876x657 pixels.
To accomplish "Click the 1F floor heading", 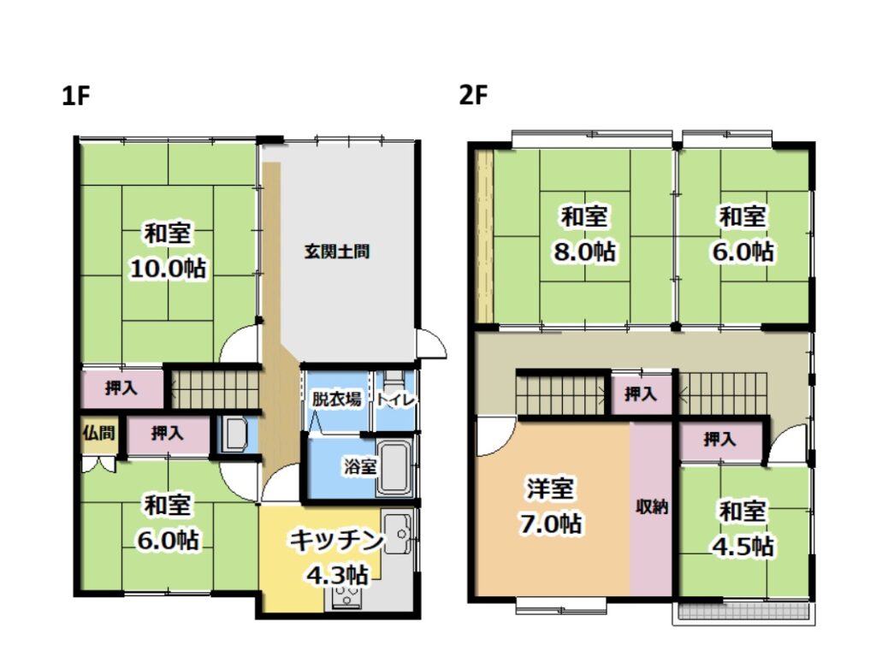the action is pos(76,96).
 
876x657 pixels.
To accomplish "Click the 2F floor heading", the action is pos(473,96).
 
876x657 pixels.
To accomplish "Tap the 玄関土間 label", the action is pos(336,252).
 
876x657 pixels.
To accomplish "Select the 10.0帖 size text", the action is pos(169,269).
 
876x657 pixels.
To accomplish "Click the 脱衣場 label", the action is pos(335,399).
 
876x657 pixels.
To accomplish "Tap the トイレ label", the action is pos(396,400).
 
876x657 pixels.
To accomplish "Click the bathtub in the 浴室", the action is pos(395,468).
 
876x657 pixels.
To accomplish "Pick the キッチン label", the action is pos(336,541).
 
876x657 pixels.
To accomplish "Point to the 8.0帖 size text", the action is pos(584,252).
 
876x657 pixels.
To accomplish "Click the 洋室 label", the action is pos(551,488).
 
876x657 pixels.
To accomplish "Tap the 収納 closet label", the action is pos(651,507).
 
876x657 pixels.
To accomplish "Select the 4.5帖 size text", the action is pos(743,547).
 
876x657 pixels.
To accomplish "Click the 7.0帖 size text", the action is pos(551,524).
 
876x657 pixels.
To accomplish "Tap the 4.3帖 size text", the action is pos(336,575).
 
